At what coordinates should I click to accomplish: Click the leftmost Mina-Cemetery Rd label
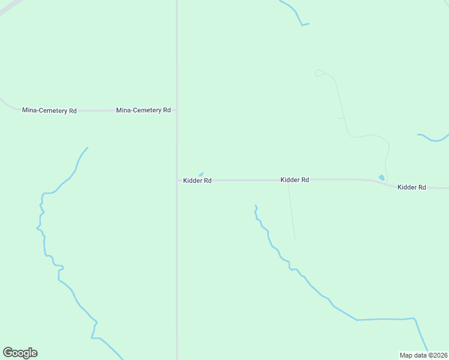tap(49, 110)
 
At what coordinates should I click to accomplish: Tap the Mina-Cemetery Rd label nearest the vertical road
tap(143, 110)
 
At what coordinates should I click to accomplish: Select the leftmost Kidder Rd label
tap(197, 181)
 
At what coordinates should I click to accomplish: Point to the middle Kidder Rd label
tap(294, 180)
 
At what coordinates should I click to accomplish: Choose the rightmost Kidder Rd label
tap(411, 187)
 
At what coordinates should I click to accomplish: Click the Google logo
tap(20, 353)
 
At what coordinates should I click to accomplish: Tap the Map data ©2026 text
tap(423, 355)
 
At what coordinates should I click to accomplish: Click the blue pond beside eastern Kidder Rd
tap(381, 178)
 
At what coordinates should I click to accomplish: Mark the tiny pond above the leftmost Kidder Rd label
tap(201, 175)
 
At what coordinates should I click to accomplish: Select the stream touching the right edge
tap(433, 139)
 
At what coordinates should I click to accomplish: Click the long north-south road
tap(176, 270)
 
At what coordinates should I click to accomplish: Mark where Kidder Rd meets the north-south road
tap(176, 180)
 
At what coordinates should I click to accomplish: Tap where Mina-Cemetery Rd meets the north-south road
tap(176, 110)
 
